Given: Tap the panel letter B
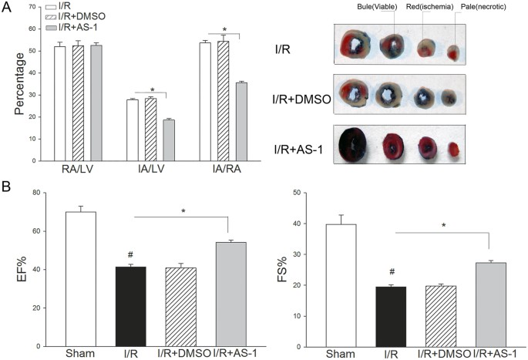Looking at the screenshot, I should coord(6,187).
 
